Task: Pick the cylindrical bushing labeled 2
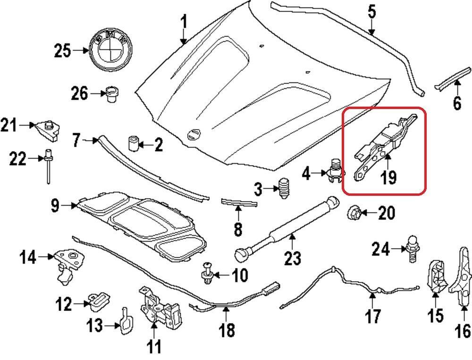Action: coord(134,142)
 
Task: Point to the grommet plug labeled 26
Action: coord(112,93)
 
